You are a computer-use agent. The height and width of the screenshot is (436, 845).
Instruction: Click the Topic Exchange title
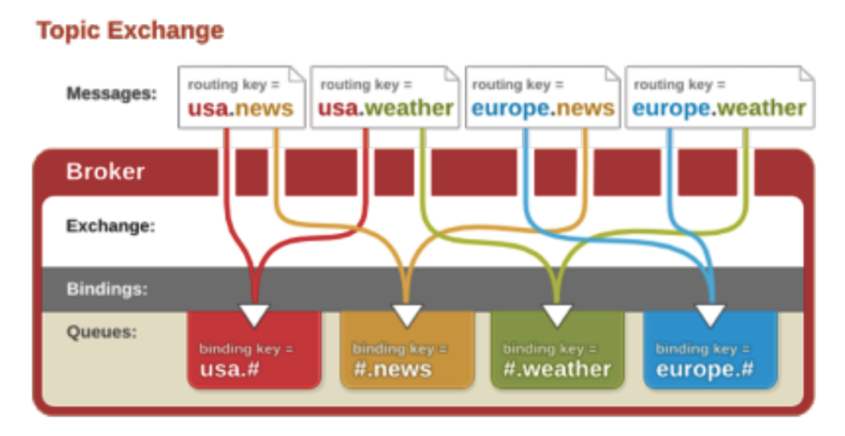(x=130, y=31)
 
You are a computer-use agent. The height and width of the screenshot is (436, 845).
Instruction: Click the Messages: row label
(x=111, y=94)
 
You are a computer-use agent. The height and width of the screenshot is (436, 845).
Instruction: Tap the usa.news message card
(x=241, y=97)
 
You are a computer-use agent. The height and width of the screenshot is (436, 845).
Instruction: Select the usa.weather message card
(x=385, y=97)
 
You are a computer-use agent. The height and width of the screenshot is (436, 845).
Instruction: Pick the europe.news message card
(x=543, y=97)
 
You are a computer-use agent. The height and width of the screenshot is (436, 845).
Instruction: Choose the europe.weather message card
(x=719, y=97)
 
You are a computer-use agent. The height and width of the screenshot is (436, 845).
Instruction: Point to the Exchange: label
(x=110, y=226)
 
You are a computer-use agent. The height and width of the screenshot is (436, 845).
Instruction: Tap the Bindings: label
(x=107, y=289)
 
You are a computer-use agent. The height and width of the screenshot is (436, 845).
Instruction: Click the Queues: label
(x=102, y=331)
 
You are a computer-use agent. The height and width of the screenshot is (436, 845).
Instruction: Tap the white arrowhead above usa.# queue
(x=254, y=313)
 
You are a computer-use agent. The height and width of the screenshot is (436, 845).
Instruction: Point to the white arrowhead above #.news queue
(x=406, y=313)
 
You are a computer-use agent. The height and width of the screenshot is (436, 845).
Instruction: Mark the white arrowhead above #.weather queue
(x=557, y=313)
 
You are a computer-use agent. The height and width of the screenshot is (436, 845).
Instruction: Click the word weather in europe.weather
(x=761, y=107)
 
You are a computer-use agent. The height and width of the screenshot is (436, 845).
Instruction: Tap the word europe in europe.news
(x=510, y=107)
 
